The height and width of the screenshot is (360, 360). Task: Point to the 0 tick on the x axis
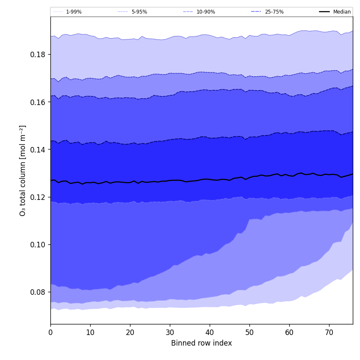[50, 332]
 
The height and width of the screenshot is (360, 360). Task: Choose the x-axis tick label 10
[90, 332]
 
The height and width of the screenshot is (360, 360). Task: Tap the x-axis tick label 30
[170, 332]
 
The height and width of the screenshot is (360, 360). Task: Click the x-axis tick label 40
[210, 332]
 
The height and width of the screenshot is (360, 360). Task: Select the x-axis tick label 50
[249, 332]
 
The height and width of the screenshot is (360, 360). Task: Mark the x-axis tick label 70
[329, 332]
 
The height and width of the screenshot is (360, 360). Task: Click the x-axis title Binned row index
[202, 343]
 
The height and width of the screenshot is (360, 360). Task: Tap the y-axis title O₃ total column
[23, 170]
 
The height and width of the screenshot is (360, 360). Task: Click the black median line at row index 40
[210, 179]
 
